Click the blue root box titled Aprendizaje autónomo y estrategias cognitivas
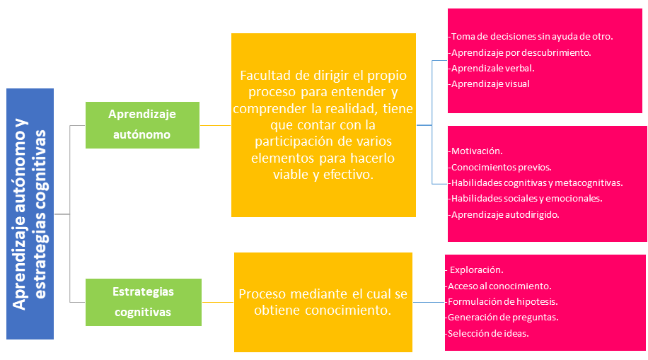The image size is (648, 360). pos(30,214)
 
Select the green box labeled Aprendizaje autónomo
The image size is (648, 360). pos(142,124)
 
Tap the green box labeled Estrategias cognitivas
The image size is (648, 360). pos(142,301)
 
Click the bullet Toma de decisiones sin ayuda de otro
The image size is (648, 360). pos(531,36)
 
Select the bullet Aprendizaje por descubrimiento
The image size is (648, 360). pos(521,52)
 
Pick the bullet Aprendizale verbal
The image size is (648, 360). pos(492,69)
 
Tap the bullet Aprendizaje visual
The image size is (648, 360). pos(490,84)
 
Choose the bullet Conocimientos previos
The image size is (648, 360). pos(501,167)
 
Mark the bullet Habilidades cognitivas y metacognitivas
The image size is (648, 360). pos(537,182)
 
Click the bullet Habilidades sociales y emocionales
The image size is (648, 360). pos(526,199)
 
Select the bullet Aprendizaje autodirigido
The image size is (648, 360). pos(505,214)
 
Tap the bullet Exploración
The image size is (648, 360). pos(476,270)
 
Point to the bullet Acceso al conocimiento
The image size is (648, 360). pos(499,286)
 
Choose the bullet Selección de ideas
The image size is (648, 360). pos(488,333)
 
